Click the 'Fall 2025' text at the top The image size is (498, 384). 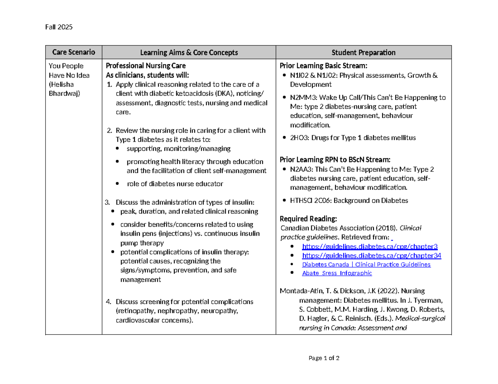pyautogui.click(x=59, y=27)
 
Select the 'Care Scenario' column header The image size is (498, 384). pyautogui.click(x=73, y=52)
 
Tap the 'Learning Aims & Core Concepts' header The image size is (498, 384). pyautogui.click(x=189, y=53)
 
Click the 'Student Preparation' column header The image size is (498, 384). pyautogui.click(x=363, y=53)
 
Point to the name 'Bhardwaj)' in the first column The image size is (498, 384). pyautogui.click(x=62, y=93)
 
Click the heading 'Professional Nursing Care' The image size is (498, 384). pyautogui.click(x=146, y=65)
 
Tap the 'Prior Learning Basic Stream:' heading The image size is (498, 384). pyautogui.click(x=323, y=65)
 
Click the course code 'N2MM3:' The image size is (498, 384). pyautogui.click(x=302, y=98)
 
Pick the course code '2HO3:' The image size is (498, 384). pyautogui.click(x=299, y=138)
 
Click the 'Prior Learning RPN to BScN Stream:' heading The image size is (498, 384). pyautogui.click(x=335, y=159)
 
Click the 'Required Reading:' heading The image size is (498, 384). pyautogui.click(x=308, y=219)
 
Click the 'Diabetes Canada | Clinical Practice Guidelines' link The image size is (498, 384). pyautogui.click(x=366, y=264)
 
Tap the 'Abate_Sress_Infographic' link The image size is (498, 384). pyautogui.click(x=337, y=273)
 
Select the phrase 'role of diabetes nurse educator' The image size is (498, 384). pyautogui.click(x=175, y=184)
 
